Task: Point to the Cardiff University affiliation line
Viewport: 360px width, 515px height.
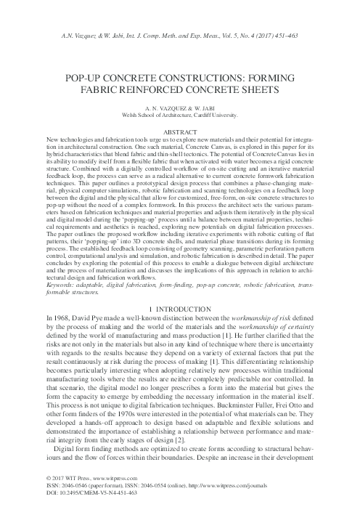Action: [x=180, y=113]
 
